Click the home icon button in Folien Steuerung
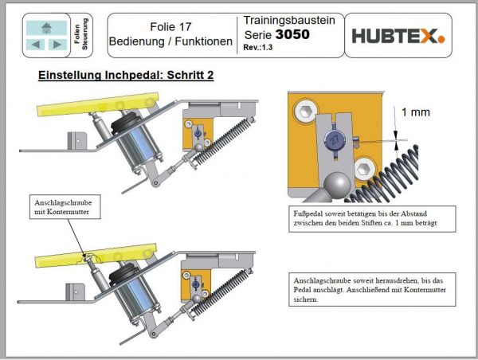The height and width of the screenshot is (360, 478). pyautogui.click(x=47, y=27)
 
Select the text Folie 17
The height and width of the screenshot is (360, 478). pyautogui.click(x=170, y=25)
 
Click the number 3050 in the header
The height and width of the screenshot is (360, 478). pyautogui.click(x=292, y=35)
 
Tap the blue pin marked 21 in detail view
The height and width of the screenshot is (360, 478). pyautogui.click(x=334, y=141)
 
